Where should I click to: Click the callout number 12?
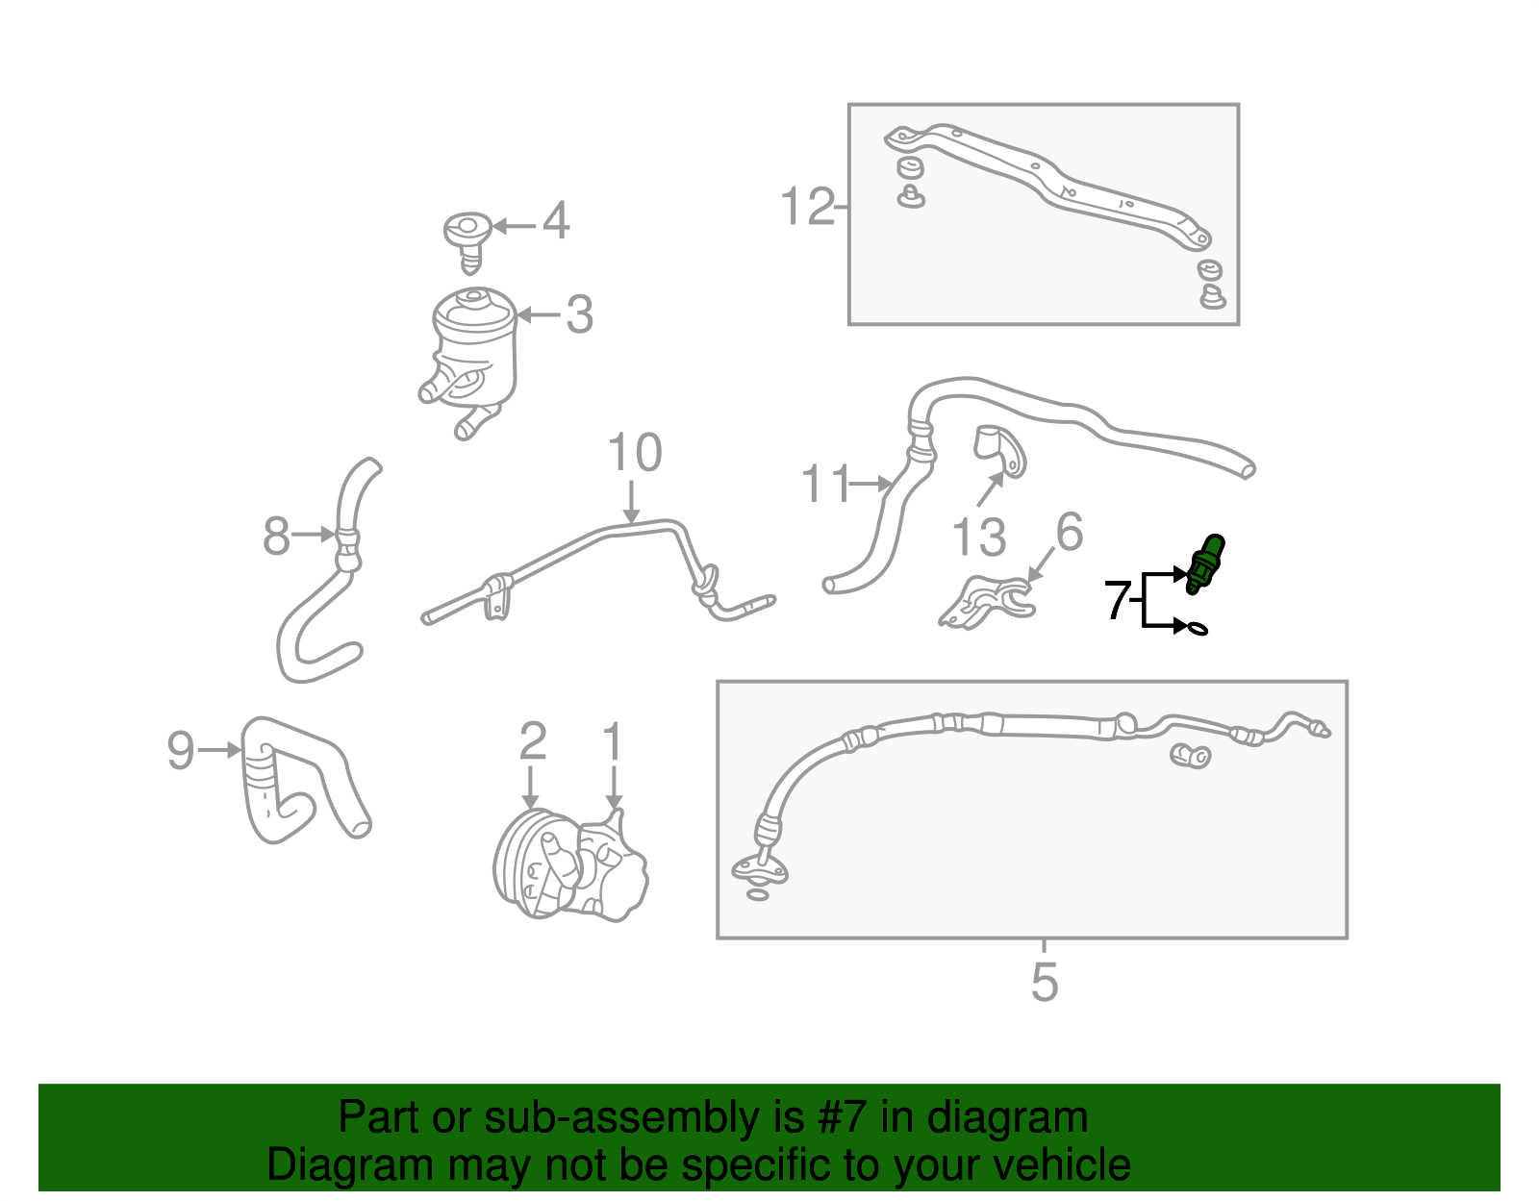pyautogui.click(x=807, y=206)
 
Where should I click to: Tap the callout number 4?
pyautogui.click(x=556, y=220)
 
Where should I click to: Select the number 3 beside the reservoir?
pyautogui.click(x=579, y=314)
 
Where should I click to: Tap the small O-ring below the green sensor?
pyautogui.click(x=1197, y=628)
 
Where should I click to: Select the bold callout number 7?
pyautogui.click(x=1118, y=600)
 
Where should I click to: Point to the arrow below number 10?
pyautogui.click(x=631, y=502)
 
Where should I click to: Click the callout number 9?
pyautogui.click(x=181, y=749)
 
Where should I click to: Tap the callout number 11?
pyautogui.click(x=826, y=484)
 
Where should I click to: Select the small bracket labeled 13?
pyautogui.click(x=1000, y=451)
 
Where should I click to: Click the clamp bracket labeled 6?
pyautogui.click(x=987, y=602)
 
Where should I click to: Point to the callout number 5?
pyautogui.click(x=1045, y=982)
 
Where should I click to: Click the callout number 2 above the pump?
pyautogui.click(x=533, y=740)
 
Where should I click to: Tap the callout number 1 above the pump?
pyautogui.click(x=613, y=740)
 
